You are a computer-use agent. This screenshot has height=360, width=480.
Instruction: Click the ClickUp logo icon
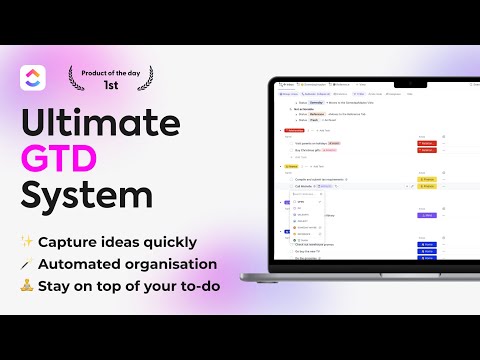click(34, 78)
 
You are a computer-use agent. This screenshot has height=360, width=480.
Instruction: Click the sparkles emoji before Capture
click(27, 241)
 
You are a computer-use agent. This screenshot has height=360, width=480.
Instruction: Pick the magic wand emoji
click(27, 265)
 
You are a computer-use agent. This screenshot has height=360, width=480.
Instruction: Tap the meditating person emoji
click(27, 288)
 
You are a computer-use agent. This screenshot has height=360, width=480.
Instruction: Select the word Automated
click(83, 265)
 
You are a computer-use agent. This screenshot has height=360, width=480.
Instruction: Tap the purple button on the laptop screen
click(426, 215)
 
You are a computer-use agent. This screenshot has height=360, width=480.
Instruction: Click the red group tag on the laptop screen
click(296, 129)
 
